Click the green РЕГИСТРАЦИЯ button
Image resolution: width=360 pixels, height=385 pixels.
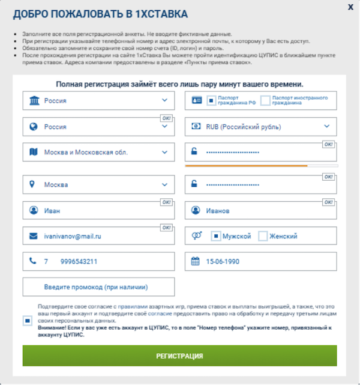[179, 356]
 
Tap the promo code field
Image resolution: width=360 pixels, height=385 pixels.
[99, 287]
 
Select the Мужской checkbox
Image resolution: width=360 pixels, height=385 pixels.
[215, 237]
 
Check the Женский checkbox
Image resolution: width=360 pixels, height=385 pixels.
[263, 237]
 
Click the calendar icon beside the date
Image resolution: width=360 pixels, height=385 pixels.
[195, 262]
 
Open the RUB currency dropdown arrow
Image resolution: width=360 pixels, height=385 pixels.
[327, 126]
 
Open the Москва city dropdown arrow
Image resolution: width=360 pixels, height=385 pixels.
[164, 185]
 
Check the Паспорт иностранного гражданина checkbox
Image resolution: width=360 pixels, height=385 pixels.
[266, 100]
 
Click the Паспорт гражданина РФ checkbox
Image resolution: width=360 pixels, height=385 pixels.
[210, 100]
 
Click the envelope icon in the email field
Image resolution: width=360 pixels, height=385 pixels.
[33, 237]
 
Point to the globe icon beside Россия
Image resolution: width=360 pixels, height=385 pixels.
[33, 127]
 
